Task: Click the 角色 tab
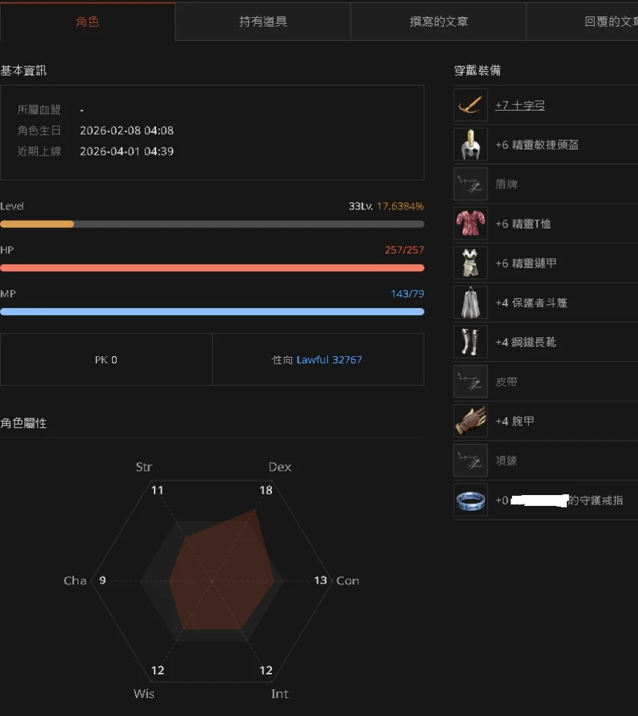point(87,22)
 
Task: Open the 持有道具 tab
point(263,22)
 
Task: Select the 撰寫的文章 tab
point(438,22)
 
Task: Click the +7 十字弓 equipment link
point(519,106)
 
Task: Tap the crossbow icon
point(470,105)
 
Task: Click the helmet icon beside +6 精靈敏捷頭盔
point(470,145)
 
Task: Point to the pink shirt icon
point(470,224)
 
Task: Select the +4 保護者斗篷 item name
point(531,303)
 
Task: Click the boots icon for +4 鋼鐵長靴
point(470,342)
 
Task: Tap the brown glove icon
point(470,421)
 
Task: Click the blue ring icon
point(470,500)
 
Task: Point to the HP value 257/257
point(404,250)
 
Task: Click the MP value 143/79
point(407,294)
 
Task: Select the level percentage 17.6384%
point(400,207)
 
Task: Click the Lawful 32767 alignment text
point(329,360)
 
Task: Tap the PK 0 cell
point(106,360)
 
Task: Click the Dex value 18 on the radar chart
point(265,491)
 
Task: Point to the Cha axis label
point(75,581)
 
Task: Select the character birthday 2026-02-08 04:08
point(127,131)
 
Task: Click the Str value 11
point(157,491)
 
